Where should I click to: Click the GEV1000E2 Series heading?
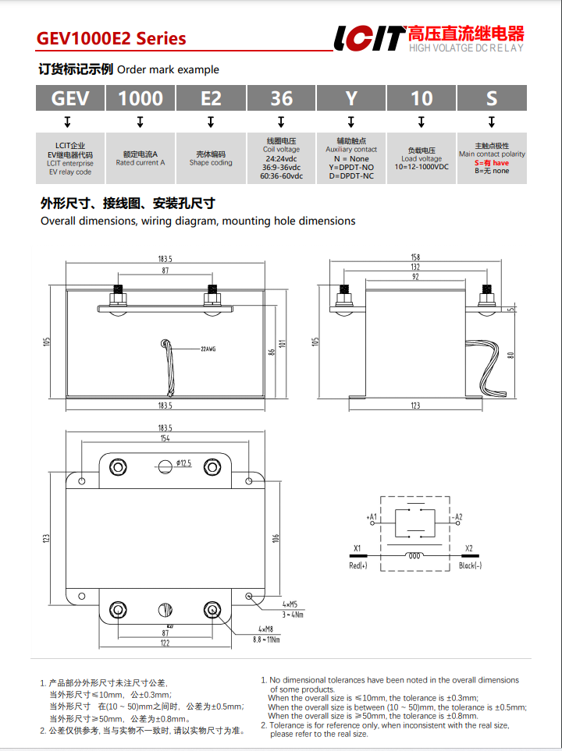111,38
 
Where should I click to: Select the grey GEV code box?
70,98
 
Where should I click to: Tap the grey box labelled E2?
211,98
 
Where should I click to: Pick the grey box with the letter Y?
351,98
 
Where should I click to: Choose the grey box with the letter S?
491,98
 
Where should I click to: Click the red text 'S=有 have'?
492,163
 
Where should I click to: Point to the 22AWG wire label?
208,349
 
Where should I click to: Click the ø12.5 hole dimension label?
184,463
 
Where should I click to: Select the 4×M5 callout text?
290,604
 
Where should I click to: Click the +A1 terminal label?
372,517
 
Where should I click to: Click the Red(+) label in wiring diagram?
357,565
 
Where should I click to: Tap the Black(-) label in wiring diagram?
470,565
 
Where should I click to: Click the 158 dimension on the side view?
415,257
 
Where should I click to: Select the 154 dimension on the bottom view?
165,439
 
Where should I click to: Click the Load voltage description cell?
421,158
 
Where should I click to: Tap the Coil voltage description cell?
281,158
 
